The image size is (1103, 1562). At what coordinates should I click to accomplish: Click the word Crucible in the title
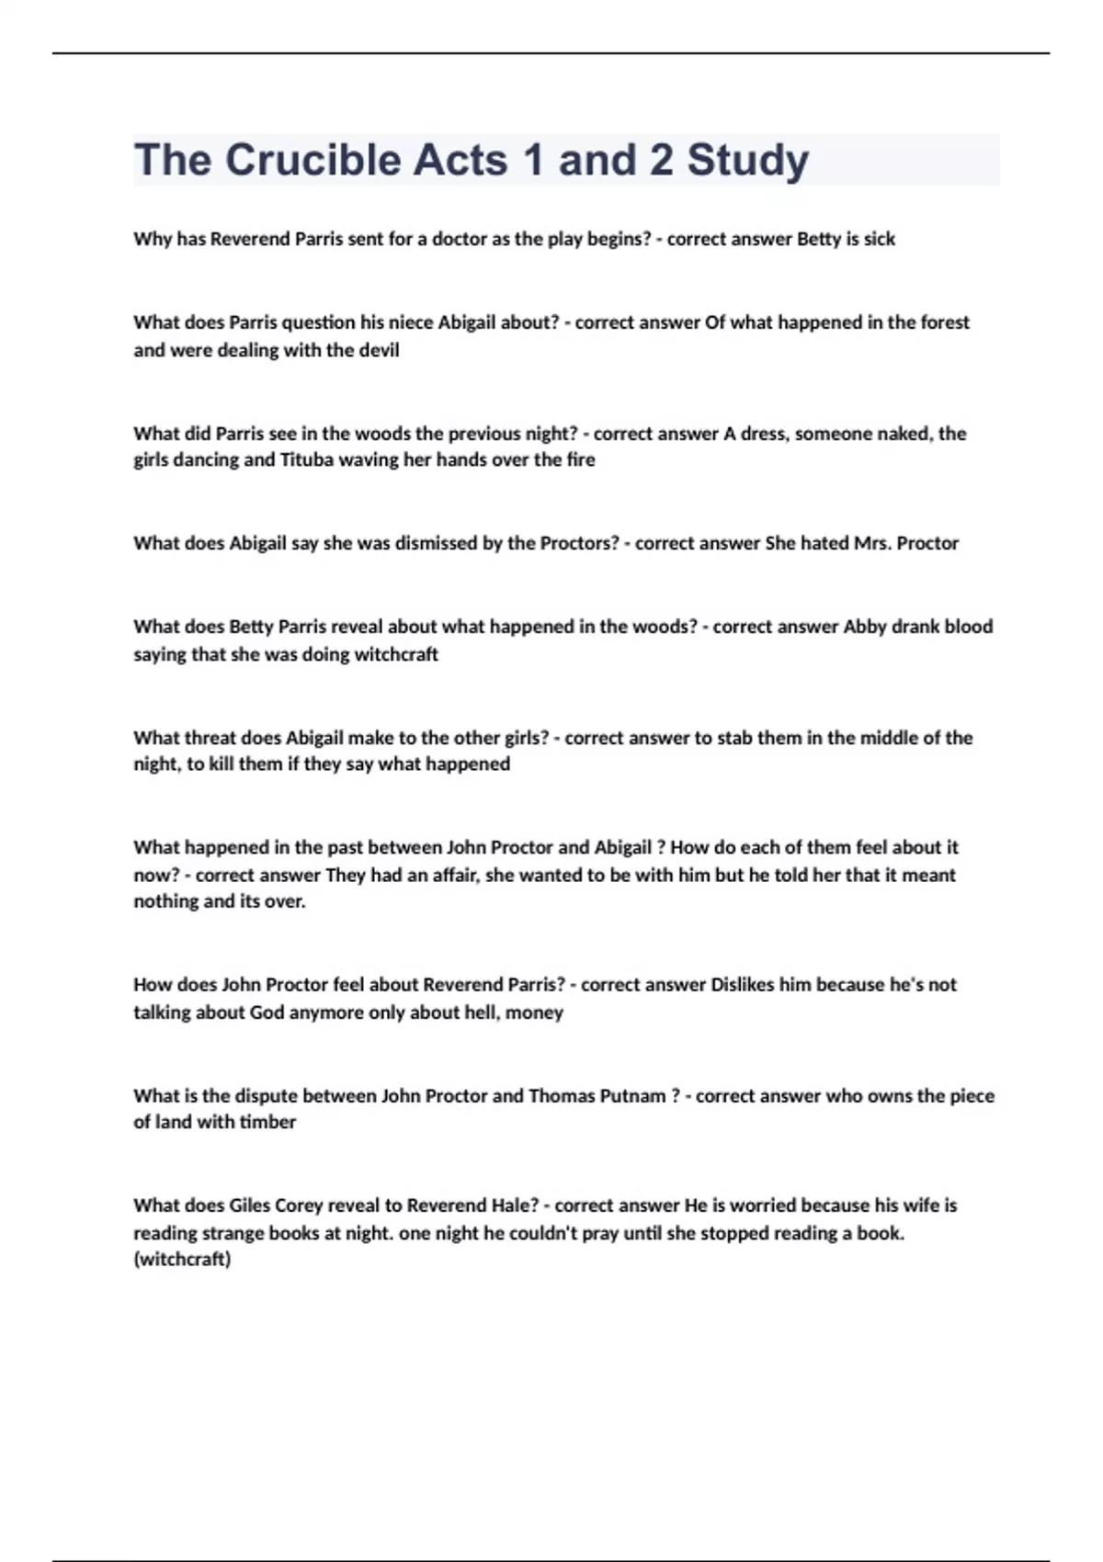click(313, 160)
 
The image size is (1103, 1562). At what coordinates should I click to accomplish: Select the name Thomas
click(561, 1095)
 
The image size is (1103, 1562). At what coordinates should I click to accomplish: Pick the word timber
click(267, 1122)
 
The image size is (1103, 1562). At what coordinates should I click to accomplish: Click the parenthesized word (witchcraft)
click(182, 1260)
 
